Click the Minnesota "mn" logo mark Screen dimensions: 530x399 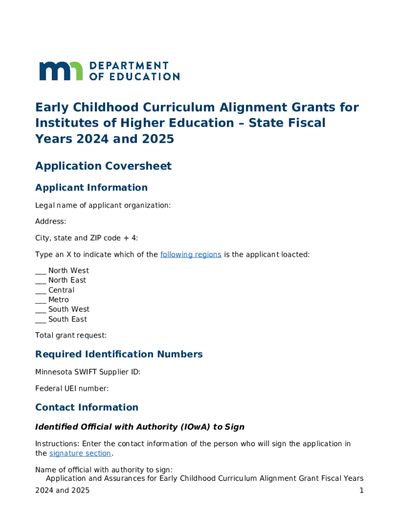coord(61,71)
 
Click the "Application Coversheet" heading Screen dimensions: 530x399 coord(103,166)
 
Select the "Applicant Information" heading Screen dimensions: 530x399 coord(91,187)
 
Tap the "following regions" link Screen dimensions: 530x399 coord(191,255)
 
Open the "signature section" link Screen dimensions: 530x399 coord(80,454)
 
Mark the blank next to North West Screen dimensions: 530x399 coord(40,271)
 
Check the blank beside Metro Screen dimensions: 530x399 coord(40,300)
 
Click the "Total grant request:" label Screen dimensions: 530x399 coord(71,335)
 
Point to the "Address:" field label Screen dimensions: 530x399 coord(50,222)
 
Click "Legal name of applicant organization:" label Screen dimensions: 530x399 coord(103,205)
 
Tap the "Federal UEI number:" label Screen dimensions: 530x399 coord(72,388)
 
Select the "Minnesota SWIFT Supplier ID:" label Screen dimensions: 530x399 coord(88,372)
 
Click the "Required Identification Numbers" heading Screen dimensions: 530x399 coord(119,355)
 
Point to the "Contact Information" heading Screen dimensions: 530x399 coord(87,407)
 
